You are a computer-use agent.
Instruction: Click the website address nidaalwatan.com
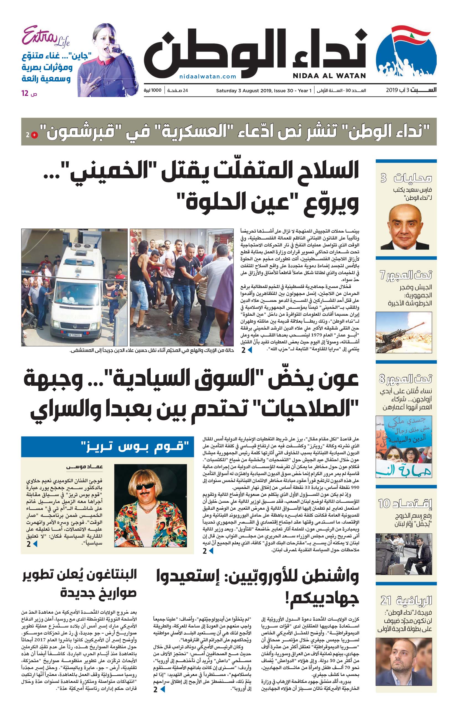tap(208, 76)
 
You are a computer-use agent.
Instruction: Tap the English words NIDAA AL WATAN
tap(329, 76)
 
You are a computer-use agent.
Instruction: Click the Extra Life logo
tap(46, 37)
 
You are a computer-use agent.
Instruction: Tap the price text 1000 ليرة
tap(152, 90)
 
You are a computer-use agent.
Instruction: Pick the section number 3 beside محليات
tap(384, 178)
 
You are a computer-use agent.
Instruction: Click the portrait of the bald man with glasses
tap(405, 227)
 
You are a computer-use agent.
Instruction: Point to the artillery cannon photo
tap(404, 332)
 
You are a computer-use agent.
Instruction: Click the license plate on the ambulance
tap(74, 335)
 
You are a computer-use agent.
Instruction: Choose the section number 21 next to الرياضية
tap(386, 600)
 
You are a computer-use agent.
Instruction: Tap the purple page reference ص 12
tap(29, 94)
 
